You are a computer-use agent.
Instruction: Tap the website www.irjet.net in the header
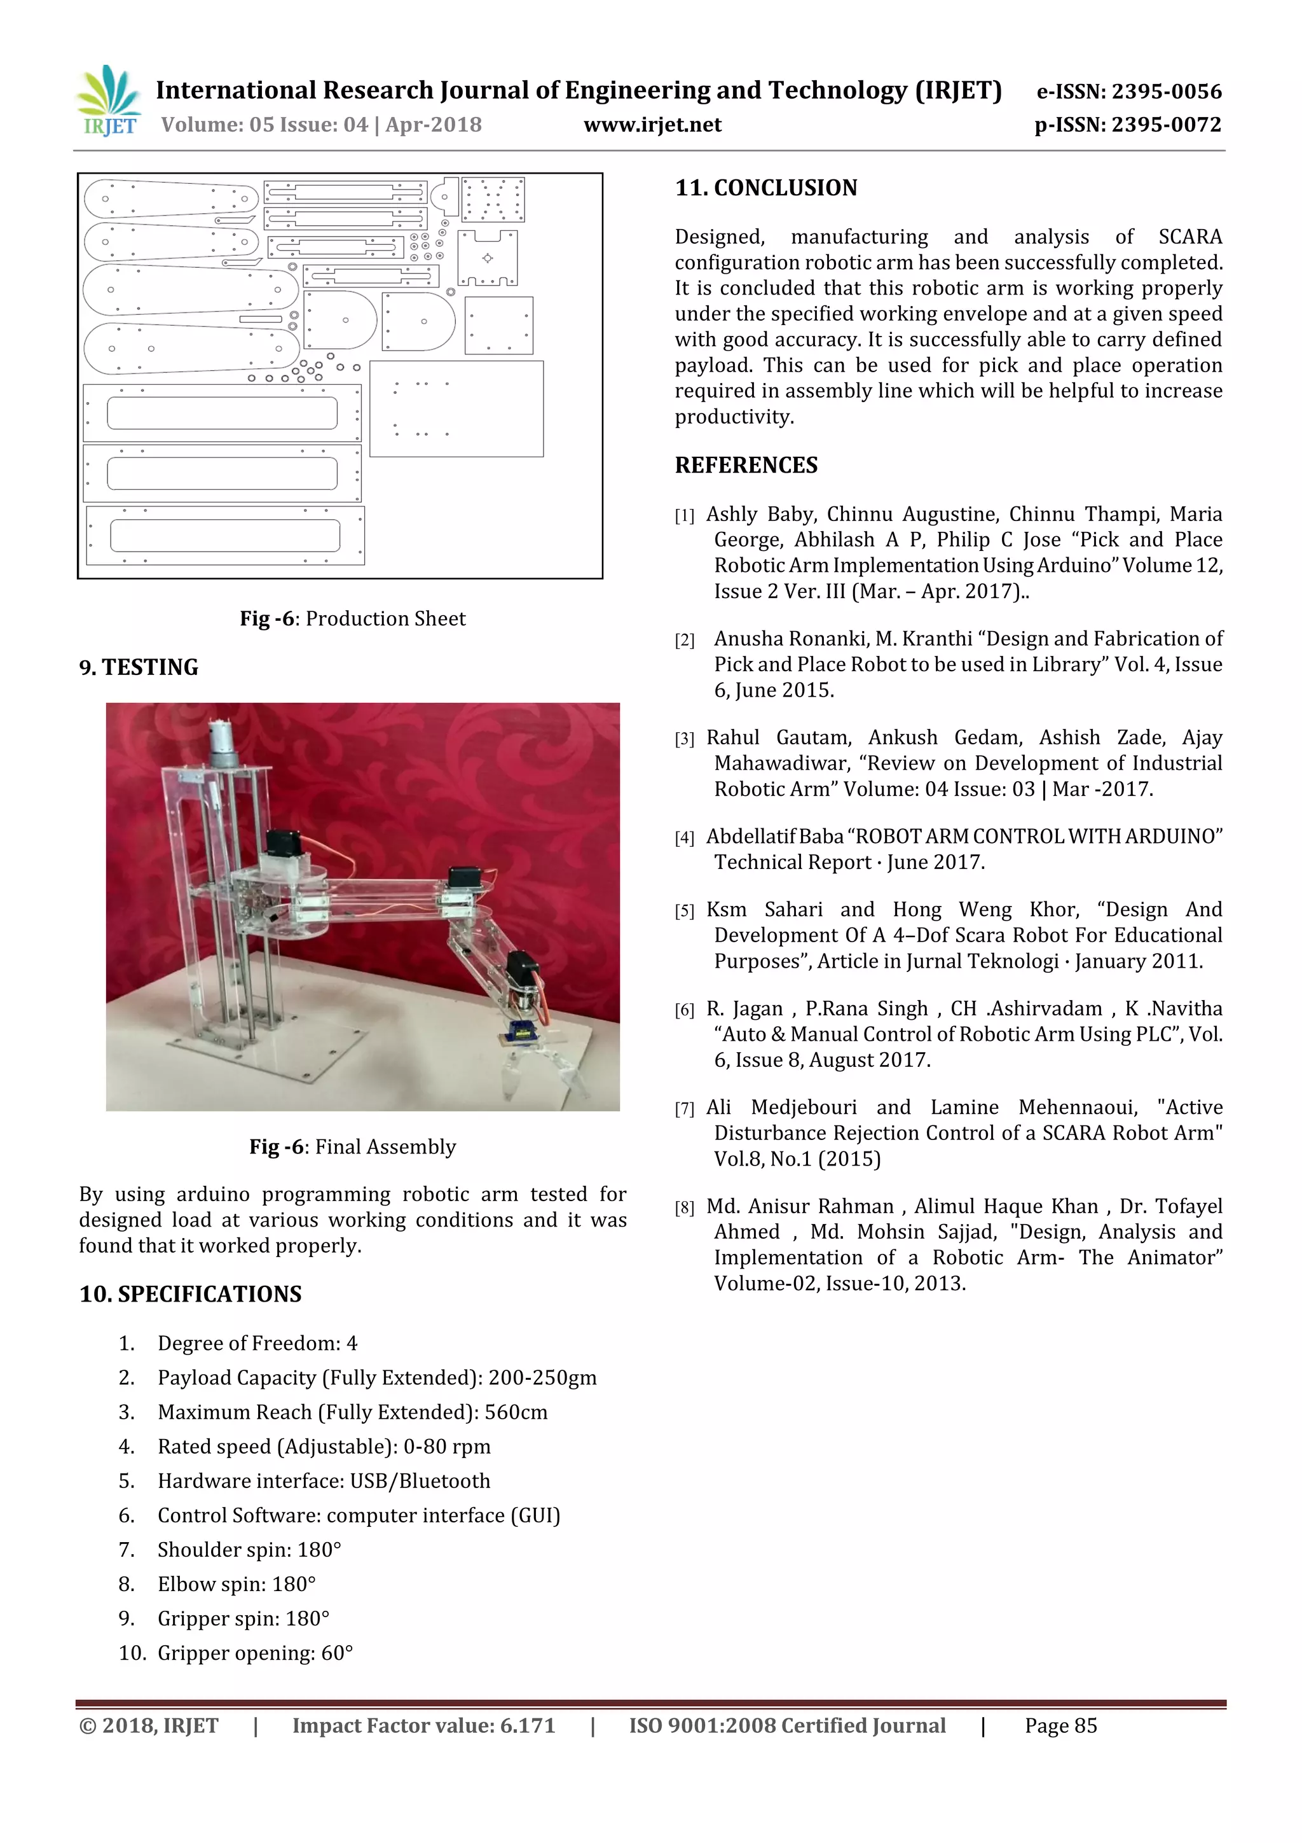click(652, 125)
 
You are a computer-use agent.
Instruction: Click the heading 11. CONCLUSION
click(765, 188)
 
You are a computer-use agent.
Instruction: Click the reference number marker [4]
click(684, 838)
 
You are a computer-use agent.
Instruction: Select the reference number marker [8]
click(684, 1208)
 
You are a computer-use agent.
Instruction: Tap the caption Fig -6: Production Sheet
click(352, 619)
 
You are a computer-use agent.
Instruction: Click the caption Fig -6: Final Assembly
click(352, 1147)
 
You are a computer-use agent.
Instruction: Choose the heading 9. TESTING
click(138, 668)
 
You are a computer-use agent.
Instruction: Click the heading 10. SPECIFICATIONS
click(190, 1295)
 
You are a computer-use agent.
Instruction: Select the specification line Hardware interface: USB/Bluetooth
click(324, 1481)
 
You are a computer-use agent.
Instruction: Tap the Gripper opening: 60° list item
click(255, 1653)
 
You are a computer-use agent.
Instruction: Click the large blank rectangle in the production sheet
click(456, 408)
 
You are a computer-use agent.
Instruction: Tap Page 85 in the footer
click(1060, 1726)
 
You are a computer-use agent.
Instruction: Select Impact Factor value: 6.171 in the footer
click(423, 1726)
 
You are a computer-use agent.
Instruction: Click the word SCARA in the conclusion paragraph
click(1189, 237)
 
